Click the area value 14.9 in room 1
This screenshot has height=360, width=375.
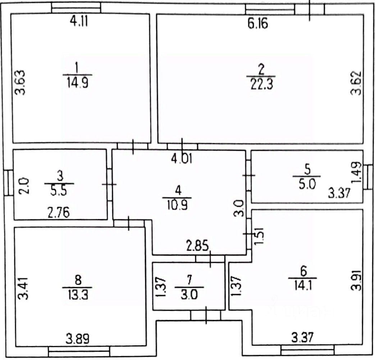coord(78,83)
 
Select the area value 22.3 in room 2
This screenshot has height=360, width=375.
coord(262,85)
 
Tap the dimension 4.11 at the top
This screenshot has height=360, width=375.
coord(79,21)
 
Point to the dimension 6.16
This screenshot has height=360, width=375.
coord(258,24)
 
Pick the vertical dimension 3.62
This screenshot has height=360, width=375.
coord(356,83)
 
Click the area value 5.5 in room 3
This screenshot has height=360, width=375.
coord(59,192)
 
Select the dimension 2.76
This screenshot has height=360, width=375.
coord(59,212)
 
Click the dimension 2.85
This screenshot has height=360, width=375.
coord(197,246)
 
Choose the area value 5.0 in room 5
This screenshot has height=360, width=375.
coord(307,184)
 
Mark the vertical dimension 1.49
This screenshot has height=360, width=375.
coord(356,172)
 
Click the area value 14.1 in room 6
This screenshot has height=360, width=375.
coord(303,286)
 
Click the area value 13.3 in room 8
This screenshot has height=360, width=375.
coord(78,295)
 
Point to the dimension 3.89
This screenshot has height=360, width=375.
coord(78,339)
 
